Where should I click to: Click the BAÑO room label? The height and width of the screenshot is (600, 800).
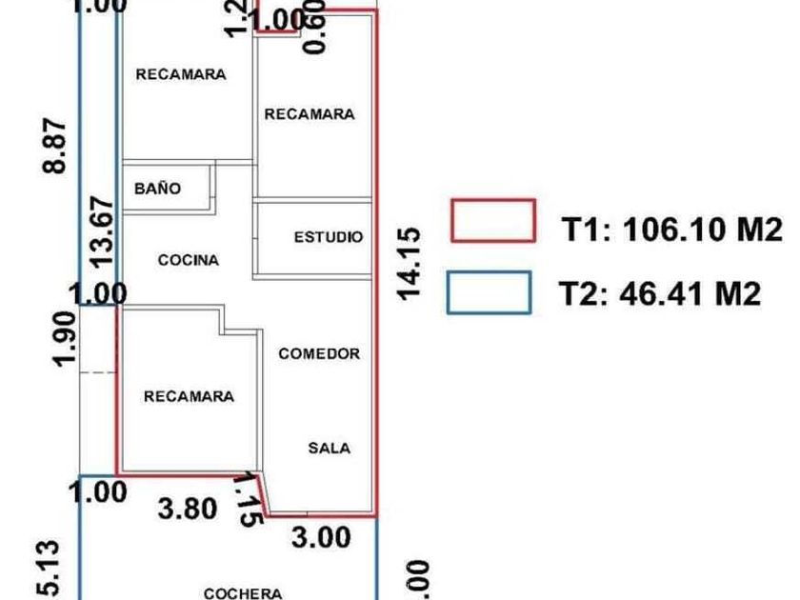[157, 189]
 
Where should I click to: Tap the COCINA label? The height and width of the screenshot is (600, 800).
[188, 260]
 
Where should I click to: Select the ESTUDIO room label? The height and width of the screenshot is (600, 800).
[328, 237]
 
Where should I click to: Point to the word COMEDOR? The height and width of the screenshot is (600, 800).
[319, 353]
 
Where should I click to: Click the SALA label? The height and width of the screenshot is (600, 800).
[329, 448]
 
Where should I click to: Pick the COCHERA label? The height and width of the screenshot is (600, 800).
[243, 593]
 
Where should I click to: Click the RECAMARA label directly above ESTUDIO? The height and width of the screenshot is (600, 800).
[310, 114]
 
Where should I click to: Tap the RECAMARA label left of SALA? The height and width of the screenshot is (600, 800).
[189, 396]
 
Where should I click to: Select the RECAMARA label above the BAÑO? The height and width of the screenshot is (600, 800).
[181, 74]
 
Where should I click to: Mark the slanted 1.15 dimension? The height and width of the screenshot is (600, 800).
[250, 498]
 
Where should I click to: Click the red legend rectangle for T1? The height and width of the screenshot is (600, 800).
[490, 221]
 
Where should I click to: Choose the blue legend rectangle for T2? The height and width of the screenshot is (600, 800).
[489, 292]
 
